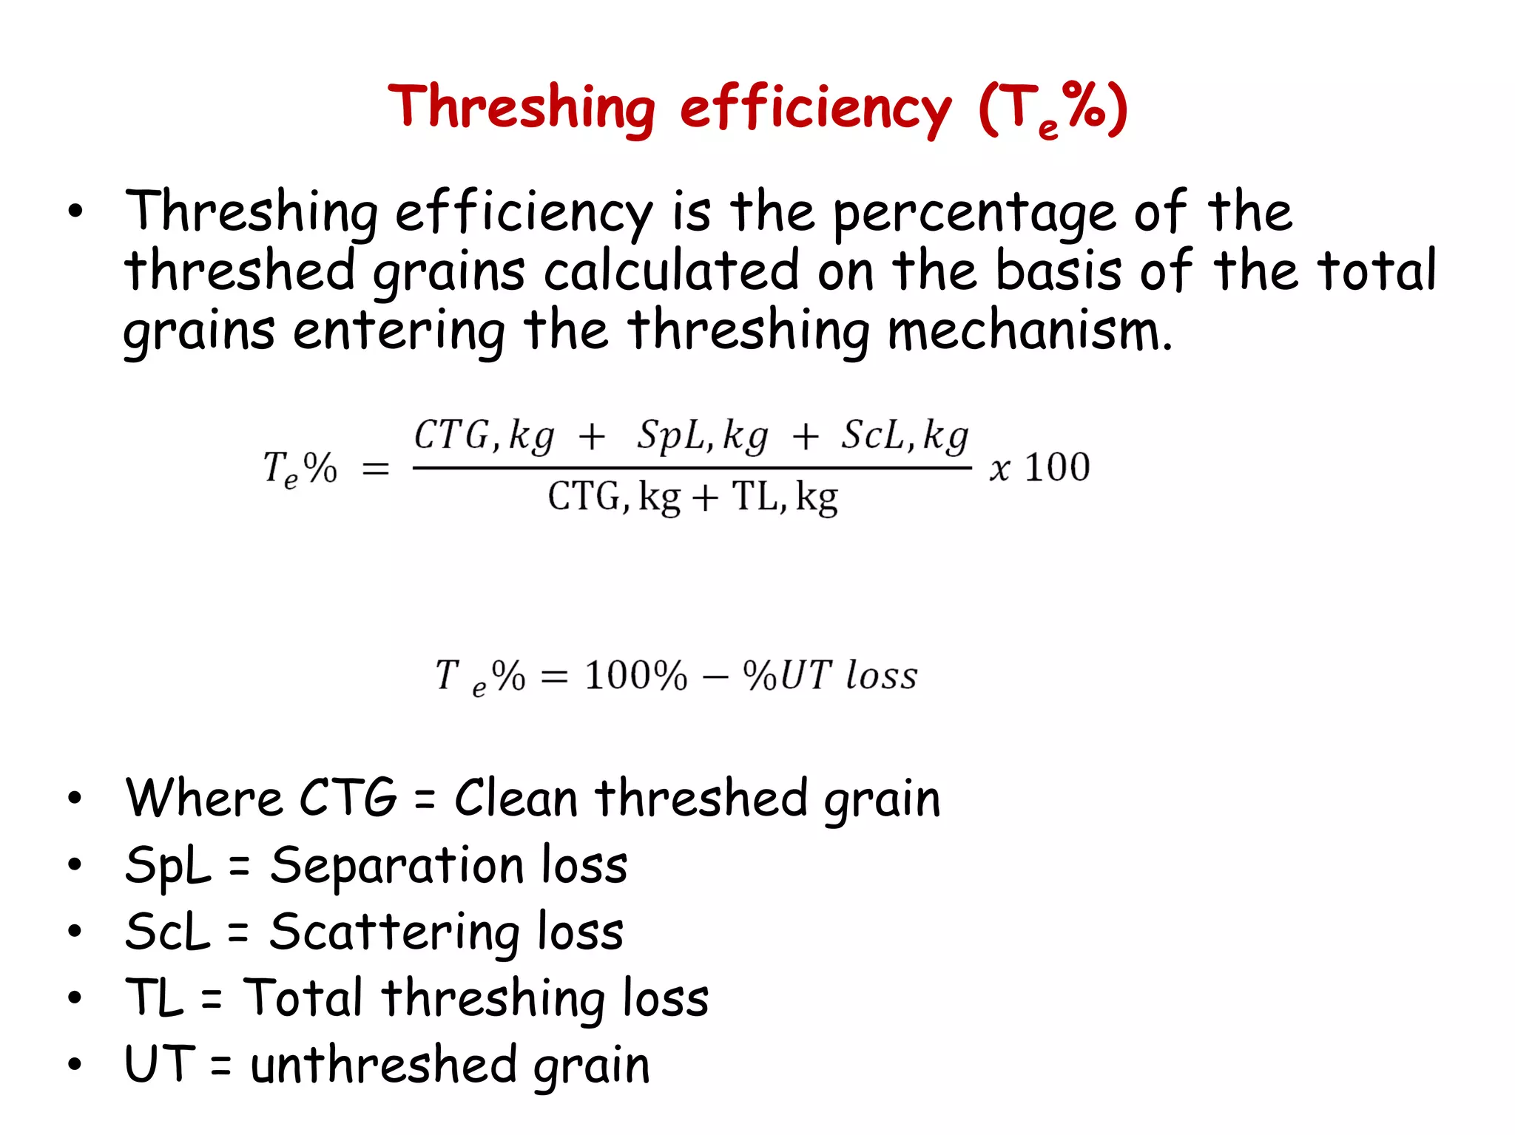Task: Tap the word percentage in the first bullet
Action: pyautogui.click(x=974, y=213)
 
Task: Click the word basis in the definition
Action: pyautogui.click(x=1058, y=271)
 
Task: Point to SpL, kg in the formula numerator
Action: pyautogui.click(x=702, y=436)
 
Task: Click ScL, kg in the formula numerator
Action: pyautogui.click(x=904, y=436)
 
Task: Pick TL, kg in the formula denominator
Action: pyautogui.click(x=784, y=497)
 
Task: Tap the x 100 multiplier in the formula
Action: pyautogui.click(x=1039, y=468)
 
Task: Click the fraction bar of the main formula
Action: pyautogui.click(x=692, y=468)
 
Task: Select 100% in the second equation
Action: pyautogui.click(x=635, y=675)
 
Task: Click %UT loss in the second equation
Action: pyautogui.click(x=830, y=675)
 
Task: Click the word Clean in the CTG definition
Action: pyautogui.click(x=516, y=799)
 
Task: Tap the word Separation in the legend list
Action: pyautogui.click(x=397, y=865)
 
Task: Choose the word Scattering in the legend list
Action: pyautogui.click(x=394, y=932)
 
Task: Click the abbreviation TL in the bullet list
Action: pyautogui.click(x=154, y=997)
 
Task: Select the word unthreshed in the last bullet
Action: pyautogui.click(x=383, y=1065)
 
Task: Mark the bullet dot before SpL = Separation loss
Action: pyautogui.click(x=75, y=864)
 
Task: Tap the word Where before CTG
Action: pyautogui.click(x=203, y=799)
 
